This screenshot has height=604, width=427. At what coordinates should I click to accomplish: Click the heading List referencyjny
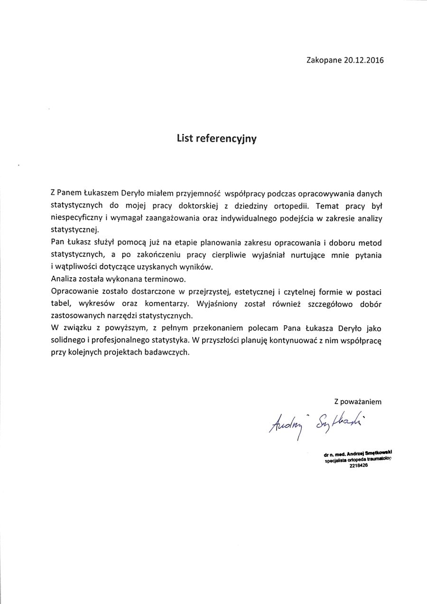216,139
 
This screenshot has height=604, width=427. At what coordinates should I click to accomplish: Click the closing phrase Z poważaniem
358,402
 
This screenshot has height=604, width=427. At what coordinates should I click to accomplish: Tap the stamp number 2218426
358,466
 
